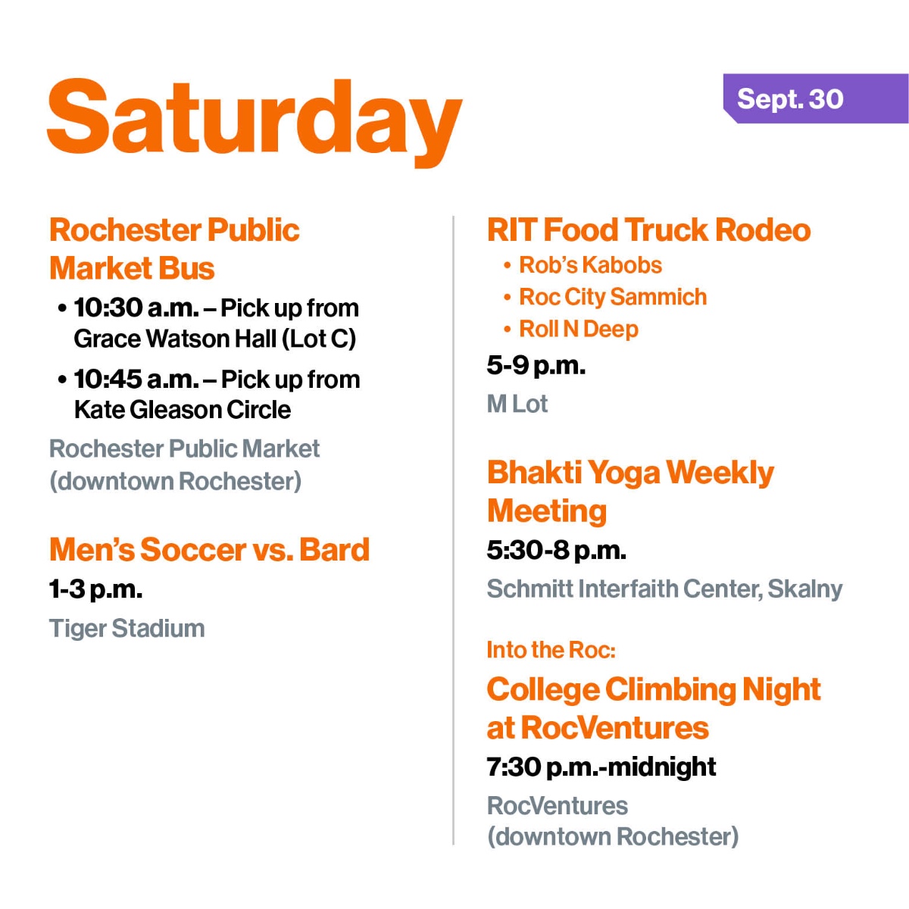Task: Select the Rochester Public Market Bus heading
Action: click(174, 249)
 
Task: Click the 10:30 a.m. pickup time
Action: click(136, 308)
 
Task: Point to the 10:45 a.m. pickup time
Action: click(136, 380)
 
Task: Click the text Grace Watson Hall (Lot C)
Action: click(215, 339)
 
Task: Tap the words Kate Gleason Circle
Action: click(183, 410)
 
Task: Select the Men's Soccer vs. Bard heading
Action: click(209, 550)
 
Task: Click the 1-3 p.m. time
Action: click(96, 589)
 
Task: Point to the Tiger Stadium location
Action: click(127, 629)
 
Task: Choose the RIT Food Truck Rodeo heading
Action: click(648, 230)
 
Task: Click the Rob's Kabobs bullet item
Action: click(590, 265)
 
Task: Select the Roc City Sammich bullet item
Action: click(613, 297)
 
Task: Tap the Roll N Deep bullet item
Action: click(579, 330)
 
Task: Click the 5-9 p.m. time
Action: click(536, 366)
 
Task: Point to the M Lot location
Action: click(517, 405)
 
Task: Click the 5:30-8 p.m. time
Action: click(557, 550)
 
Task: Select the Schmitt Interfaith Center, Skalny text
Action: click(664, 589)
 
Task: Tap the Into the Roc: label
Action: click(551, 650)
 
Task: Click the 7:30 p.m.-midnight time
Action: click(601, 767)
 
